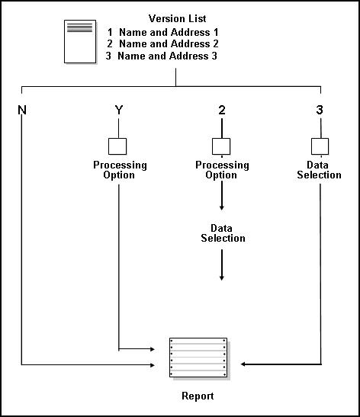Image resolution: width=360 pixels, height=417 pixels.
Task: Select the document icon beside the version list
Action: tap(80, 41)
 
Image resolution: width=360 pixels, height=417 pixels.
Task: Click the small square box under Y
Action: tap(119, 145)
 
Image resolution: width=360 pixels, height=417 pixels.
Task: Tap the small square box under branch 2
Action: tap(221, 145)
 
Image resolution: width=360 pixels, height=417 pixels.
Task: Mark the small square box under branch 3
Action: tap(320, 145)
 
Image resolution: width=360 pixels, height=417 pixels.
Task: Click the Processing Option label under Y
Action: tap(120, 170)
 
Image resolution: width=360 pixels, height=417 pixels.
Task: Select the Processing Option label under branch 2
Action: tap(222, 170)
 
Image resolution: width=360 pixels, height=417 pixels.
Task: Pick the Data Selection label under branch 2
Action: tap(223, 233)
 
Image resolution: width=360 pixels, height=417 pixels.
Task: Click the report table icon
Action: tap(198, 356)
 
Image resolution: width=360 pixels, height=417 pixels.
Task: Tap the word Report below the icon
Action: tap(198, 396)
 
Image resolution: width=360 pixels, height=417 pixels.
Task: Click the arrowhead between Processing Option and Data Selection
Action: tap(222, 207)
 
